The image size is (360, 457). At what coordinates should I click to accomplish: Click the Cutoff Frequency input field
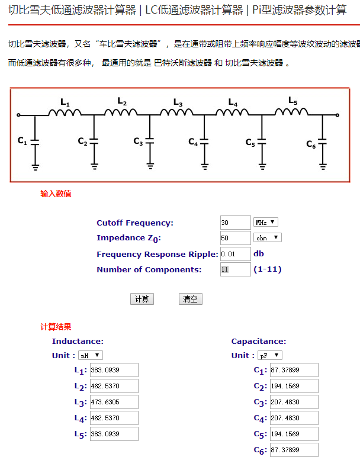point(235,223)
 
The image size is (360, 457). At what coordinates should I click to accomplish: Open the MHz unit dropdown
point(265,223)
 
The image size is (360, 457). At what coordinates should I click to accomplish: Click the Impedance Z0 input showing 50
point(235,238)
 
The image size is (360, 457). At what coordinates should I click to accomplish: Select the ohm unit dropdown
point(267,238)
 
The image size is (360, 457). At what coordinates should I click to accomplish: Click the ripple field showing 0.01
point(235,254)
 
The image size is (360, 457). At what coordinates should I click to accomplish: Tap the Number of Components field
point(235,269)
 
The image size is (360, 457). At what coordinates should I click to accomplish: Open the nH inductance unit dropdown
point(91,355)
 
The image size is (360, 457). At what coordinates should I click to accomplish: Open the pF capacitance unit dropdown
point(270,355)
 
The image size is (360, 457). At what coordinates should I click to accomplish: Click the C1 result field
point(294,371)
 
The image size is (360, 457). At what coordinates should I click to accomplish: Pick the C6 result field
point(294,450)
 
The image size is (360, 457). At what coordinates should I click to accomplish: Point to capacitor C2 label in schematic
point(83,141)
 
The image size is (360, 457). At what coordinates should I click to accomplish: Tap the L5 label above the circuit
point(293,101)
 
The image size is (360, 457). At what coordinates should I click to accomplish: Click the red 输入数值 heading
point(56,194)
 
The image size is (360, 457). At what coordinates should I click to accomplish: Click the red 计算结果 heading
point(56,327)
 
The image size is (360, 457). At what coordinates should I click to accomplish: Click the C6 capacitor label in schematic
point(311,144)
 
